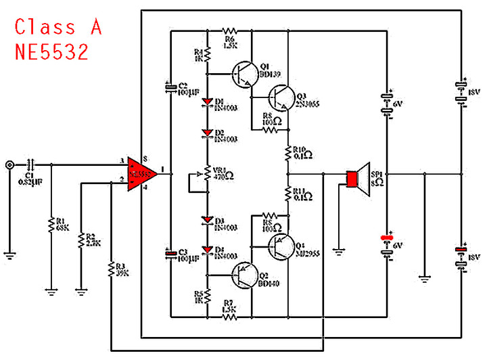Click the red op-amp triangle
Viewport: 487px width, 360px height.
141,174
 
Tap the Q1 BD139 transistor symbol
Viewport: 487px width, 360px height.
243,74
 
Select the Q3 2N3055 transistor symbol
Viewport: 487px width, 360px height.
279,97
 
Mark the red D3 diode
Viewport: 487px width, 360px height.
208,221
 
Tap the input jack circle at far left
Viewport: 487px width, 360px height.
9,164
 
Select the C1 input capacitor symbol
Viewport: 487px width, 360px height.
31,164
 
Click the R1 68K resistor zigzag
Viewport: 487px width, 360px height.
51,225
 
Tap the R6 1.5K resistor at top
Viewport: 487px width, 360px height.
229,30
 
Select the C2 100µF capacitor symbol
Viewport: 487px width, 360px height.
170,88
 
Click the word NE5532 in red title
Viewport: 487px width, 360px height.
52,53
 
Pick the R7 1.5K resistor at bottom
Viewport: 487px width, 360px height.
229,316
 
